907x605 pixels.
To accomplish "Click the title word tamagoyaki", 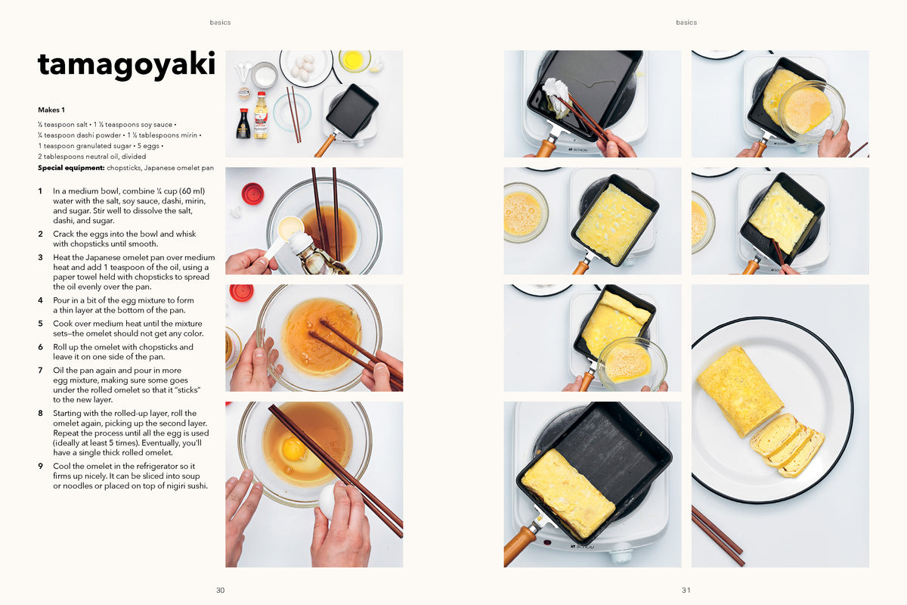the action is (x=126, y=65).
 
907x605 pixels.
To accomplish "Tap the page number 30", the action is (x=220, y=590).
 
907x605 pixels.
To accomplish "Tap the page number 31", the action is (x=686, y=590).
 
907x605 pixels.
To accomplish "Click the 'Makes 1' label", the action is (x=51, y=110).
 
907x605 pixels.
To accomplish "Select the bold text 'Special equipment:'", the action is (x=71, y=168).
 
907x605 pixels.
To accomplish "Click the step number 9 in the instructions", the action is (x=41, y=466).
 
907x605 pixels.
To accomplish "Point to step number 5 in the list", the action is (x=41, y=324).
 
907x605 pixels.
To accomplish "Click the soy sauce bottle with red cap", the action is (x=243, y=123).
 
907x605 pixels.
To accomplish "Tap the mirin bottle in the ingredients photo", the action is (x=262, y=115).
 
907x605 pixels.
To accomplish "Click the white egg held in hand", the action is (x=328, y=501).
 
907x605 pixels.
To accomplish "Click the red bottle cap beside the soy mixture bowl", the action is (x=252, y=194).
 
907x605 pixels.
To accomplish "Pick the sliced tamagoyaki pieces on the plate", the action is (x=787, y=445).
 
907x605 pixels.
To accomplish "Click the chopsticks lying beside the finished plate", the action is (x=717, y=535).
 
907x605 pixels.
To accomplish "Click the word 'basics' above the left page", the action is (x=220, y=22).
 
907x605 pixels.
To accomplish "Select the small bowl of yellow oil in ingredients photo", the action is (x=354, y=60).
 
